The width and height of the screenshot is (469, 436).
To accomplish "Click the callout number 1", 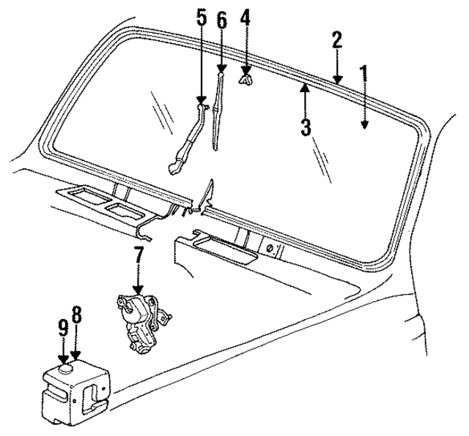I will (x=363, y=74).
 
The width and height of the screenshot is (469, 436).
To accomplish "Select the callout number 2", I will (x=336, y=40).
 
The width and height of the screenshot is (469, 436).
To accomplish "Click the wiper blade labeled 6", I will (x=218, y=110).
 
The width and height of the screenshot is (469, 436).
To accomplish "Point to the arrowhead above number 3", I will (x=306, y=89).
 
